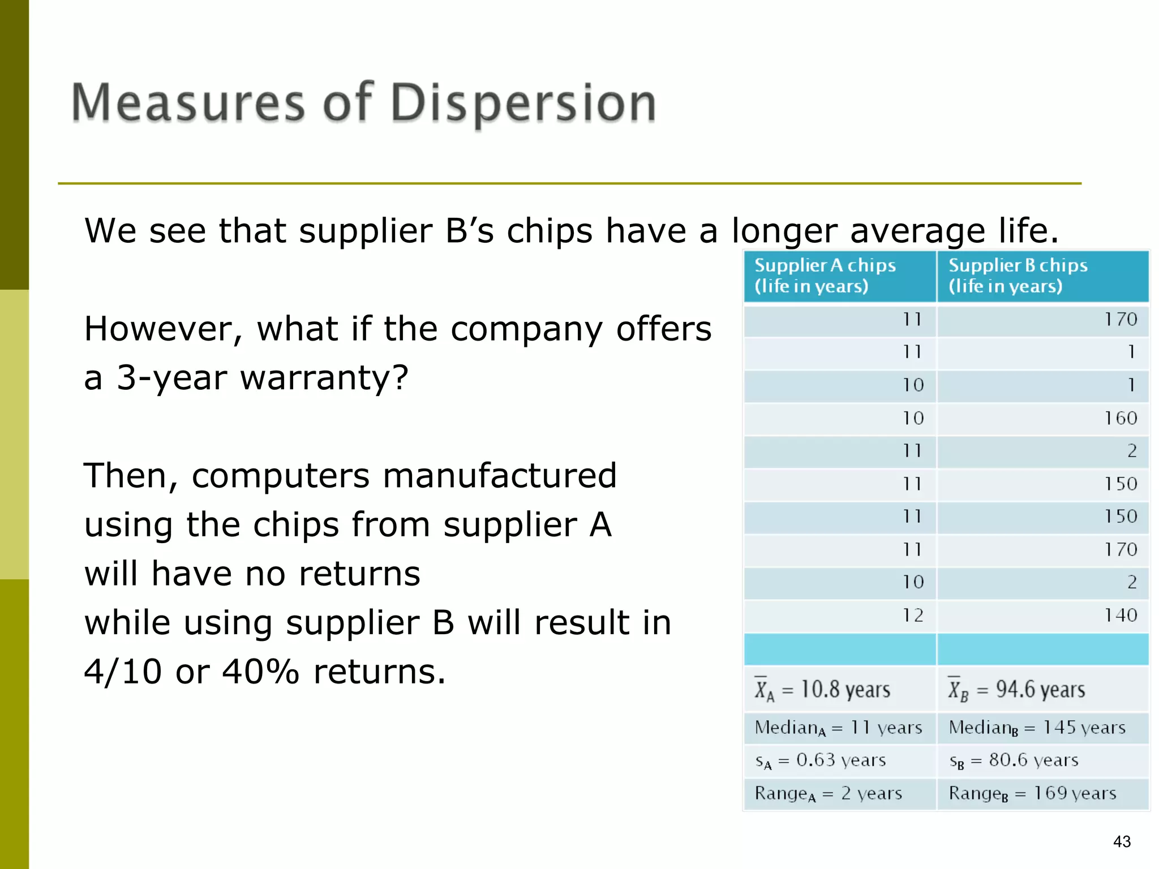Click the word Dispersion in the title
(x=523, y=104)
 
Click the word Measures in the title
(x=188, y=104)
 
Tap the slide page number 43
(x=1122, y=842)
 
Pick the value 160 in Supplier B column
(x=1120, y=418)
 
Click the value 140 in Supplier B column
(x=1120, y=615)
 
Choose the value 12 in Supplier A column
(x=912, y=615)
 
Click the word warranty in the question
(x=323, y=378)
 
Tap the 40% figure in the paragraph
(x=260, y=672)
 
